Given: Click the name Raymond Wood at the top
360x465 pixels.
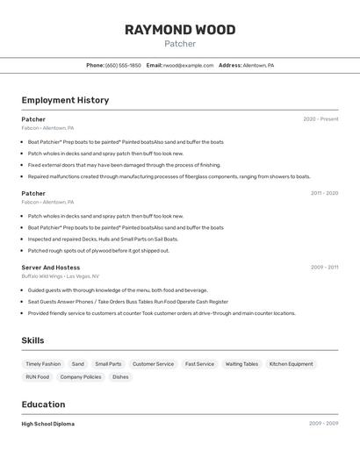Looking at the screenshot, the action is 180,30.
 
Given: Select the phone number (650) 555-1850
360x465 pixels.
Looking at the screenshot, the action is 123,65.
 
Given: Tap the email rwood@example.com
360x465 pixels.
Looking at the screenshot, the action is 188,65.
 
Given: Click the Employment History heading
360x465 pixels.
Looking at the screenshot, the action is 65,100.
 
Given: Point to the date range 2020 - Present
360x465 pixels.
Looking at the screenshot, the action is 320,119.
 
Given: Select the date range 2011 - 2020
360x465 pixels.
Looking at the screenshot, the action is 324,193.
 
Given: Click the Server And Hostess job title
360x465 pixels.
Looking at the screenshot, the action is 50,268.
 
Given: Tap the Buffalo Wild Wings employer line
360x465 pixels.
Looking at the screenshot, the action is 60,276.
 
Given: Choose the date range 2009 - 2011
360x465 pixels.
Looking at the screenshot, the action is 324,268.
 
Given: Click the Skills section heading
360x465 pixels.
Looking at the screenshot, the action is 32,340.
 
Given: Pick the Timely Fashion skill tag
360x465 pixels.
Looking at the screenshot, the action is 43,364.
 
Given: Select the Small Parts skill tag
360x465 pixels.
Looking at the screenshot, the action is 108,364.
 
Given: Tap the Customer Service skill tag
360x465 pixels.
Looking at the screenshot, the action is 153,364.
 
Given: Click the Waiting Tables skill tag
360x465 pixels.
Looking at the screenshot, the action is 241,364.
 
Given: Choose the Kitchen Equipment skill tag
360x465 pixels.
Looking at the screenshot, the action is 291,364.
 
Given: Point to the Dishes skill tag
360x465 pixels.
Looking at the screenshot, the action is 120,377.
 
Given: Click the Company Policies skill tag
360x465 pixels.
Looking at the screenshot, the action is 81,377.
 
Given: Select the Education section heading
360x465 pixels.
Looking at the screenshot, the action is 43,404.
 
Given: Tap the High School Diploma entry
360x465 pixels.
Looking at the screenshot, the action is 47,424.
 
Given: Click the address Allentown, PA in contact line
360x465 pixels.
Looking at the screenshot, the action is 258,65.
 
